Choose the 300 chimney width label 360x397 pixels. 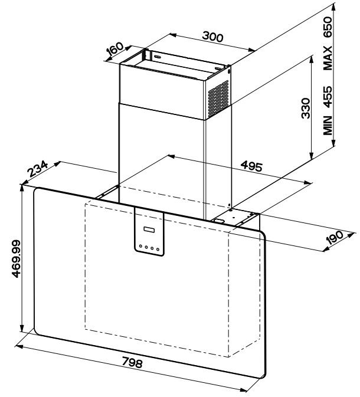point(212,37)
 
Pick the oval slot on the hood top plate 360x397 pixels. point(220,221)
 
